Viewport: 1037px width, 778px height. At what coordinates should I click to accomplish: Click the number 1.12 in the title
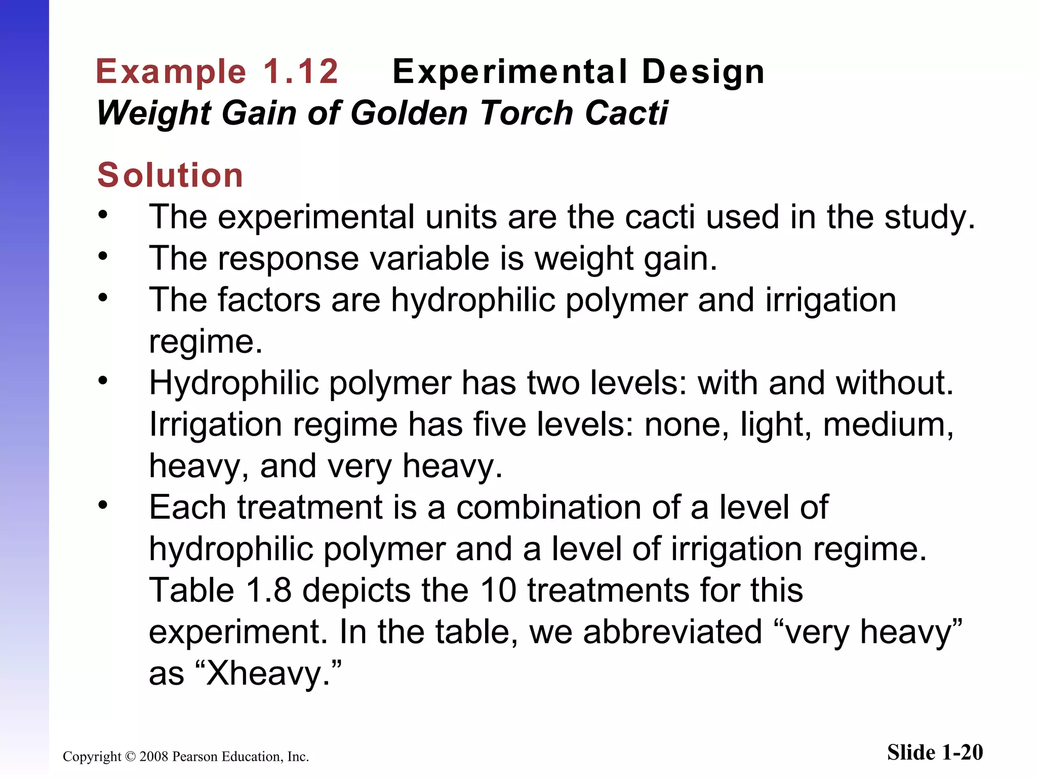tap(301, 71)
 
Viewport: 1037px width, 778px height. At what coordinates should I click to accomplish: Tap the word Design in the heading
tap(703, 71)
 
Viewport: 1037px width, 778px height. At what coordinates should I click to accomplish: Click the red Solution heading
tap(170, 175)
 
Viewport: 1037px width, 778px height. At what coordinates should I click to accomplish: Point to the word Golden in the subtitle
tap(409, 112)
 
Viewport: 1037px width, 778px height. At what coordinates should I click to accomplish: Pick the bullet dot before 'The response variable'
tap(103, 256)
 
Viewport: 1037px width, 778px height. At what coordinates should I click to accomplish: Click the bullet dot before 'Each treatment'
tap(103, 505)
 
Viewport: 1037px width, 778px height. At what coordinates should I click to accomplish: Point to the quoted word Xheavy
tap(263, 674)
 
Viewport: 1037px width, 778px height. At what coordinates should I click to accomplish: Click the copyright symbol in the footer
tap(130, 757)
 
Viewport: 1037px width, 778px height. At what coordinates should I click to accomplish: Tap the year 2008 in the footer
tap(154, 757)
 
